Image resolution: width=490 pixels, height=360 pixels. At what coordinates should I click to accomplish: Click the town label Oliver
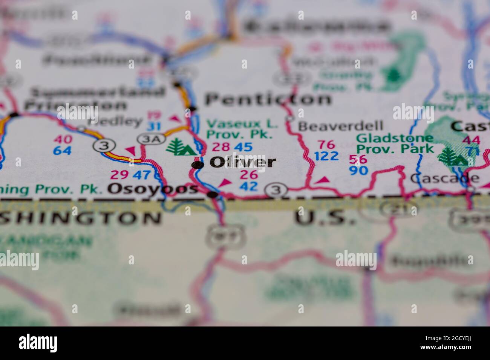243,162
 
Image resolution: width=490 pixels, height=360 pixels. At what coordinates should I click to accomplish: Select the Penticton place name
268,99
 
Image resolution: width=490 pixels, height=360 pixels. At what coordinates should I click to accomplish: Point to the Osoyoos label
152,189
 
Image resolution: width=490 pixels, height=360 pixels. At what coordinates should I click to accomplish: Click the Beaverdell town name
340,126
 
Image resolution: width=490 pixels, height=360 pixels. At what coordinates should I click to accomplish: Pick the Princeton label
75,106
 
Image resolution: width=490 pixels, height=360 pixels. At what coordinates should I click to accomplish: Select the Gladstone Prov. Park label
395,143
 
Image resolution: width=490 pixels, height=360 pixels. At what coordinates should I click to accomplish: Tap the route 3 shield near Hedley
102,145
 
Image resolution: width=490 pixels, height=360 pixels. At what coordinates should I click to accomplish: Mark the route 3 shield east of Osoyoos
276,190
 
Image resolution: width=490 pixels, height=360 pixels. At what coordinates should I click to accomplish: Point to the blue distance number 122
326,156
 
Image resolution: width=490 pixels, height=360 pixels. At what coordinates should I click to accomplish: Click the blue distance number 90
358,171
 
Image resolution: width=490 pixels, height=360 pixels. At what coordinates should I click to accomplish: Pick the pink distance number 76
326,145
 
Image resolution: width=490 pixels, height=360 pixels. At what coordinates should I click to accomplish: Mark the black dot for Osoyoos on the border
213,195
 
